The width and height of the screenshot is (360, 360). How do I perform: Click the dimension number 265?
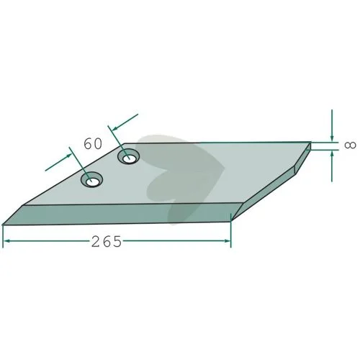[x=107, y=241]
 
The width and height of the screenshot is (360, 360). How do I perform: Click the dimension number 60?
[x=93, y=144]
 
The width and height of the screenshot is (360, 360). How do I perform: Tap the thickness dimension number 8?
[x=350, y=145]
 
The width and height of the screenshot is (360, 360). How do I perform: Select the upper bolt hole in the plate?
[x=129, y=157]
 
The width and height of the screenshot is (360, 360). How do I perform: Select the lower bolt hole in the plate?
[x=91, y=179]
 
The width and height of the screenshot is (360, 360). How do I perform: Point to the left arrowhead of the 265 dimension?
[x=6, y=240]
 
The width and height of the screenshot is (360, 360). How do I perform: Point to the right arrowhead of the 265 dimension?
[x=227, y=240]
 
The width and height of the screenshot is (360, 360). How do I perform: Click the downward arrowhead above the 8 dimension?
[x=332, y=138]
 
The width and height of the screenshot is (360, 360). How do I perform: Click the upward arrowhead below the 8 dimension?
[x=332, y=154]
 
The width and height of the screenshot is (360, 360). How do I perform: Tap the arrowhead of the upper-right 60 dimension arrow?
[x=115, y=128]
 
